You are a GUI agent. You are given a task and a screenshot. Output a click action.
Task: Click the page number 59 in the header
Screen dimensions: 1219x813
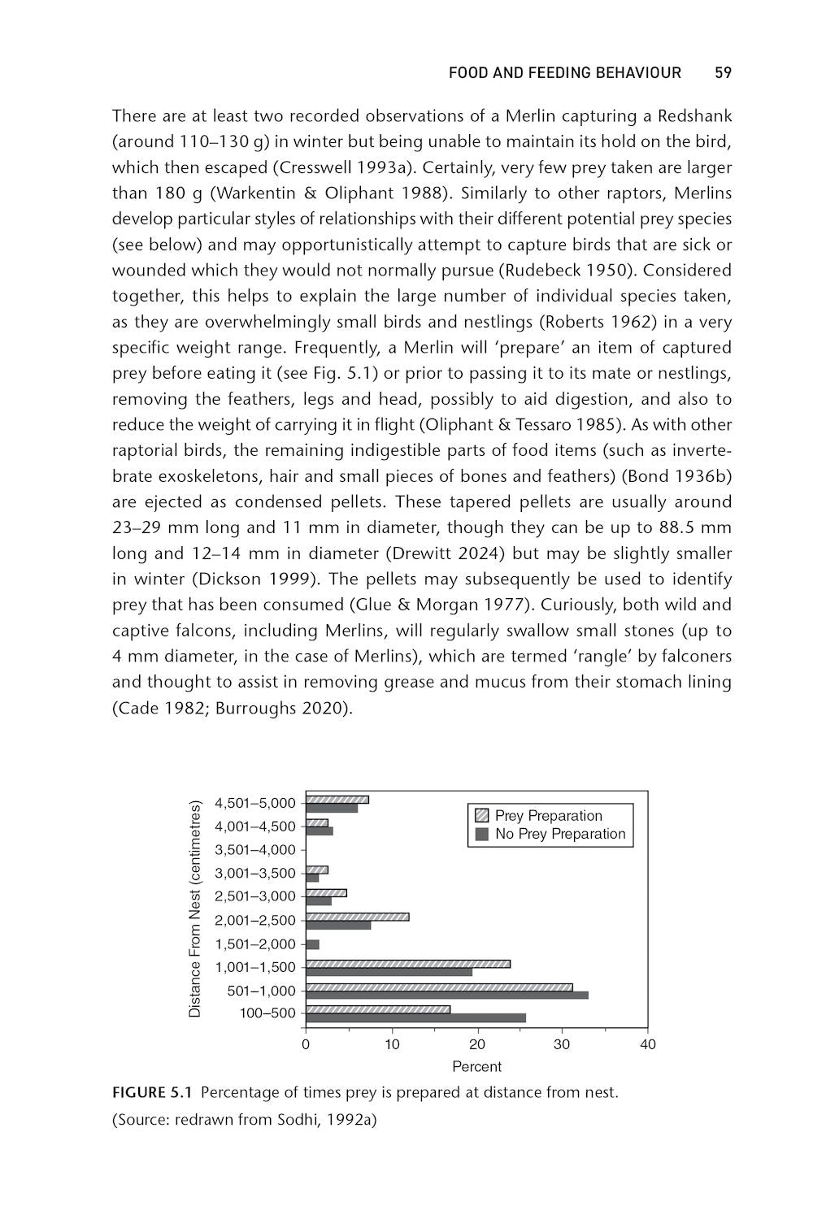(723, 73)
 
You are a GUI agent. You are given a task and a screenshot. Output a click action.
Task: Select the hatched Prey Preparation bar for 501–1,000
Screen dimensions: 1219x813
(439, 987)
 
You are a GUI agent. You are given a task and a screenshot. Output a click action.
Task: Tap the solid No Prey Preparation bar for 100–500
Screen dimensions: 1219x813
(415, 1017)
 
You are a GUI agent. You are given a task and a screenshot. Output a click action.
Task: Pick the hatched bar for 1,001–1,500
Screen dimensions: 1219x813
(408, 964)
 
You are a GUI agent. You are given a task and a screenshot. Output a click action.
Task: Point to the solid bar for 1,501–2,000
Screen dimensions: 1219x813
(312, 944)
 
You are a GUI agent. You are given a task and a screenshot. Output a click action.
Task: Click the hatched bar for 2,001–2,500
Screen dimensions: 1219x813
(357, 917)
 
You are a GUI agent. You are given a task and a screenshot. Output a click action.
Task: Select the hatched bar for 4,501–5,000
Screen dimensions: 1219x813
(337, 800)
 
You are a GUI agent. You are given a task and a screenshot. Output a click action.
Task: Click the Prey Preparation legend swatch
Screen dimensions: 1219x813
(481, 816)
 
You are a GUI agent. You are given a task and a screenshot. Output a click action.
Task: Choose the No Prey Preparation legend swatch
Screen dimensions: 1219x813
(481, 834)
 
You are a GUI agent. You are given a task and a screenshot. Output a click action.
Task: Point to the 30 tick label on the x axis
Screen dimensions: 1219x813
(562, 1044)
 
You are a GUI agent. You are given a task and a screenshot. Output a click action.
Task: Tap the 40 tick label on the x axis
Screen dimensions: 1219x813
(647, 1044)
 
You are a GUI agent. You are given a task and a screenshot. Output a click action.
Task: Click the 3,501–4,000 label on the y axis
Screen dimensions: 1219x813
(255, 850)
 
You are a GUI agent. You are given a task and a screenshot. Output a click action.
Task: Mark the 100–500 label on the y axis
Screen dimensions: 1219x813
(267, 1013)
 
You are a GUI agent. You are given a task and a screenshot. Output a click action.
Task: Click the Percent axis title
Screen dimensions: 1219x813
(476, 1066)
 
